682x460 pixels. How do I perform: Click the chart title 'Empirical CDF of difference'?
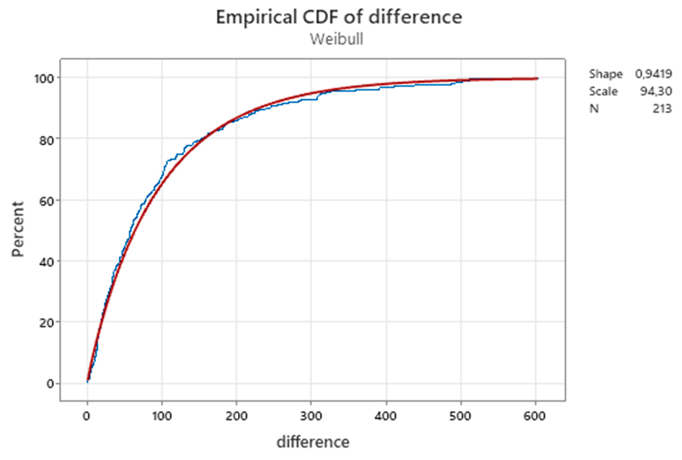(x=339, y=17)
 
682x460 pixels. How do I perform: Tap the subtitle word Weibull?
(x=336, y=39)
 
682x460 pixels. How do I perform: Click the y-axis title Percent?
(x=18, y=229)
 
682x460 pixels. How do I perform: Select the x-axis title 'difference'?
(x=313, y=442)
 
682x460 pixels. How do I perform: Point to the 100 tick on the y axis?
(x=44, y=79)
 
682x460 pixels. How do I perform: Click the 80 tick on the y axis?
(x=47, y=140)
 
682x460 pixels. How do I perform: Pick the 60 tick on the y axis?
(x=47, y=201)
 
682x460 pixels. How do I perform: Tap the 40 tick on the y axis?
(x=47, y=262)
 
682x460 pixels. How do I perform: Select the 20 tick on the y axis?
(x=47, y=323)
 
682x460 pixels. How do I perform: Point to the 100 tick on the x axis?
(x=162, y=416)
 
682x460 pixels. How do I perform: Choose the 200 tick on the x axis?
(x=236, y=416)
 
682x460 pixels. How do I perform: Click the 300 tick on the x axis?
(x=311, y=416)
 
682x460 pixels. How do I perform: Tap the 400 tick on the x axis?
(x=386, y=416)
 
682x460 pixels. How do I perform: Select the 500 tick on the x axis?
(x=460, y=416)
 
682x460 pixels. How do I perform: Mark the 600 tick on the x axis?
(x=535, y=416)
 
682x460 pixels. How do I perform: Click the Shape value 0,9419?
(x=653, y=74)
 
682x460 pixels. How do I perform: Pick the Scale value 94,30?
(x=656, y=91)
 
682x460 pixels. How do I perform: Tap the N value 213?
(x=662, y=109)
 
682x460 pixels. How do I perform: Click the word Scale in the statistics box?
(x=603, y=91)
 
